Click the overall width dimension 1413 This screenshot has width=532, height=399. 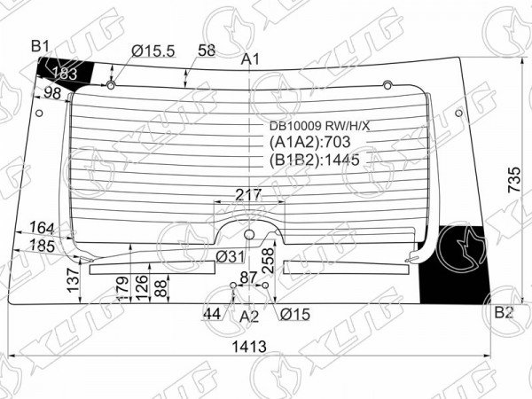coord(249,347)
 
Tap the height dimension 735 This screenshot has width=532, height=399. coord(514,179)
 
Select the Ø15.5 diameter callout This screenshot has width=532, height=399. coord(153,51)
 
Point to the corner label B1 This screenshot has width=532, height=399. coord(41,46)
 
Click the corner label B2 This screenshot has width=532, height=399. coord(504,312)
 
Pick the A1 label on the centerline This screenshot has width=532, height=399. coord(250,59)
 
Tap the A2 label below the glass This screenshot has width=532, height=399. coord(249,317)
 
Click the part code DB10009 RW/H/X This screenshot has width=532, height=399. coord(319,126)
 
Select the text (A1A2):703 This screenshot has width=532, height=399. coord(309,142)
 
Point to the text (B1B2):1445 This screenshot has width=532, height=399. coord(315,160)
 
